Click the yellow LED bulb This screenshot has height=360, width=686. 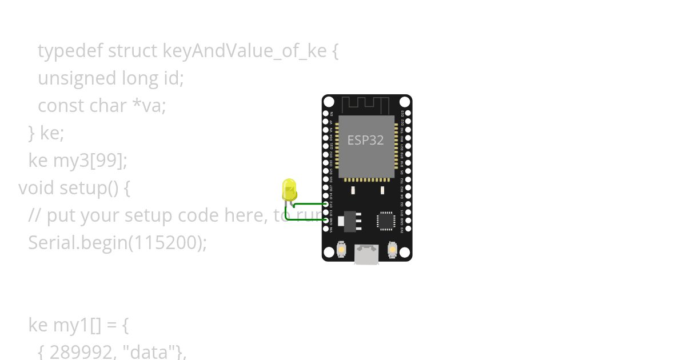tap(289, 189)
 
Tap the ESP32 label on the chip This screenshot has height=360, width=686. tap(366, 140)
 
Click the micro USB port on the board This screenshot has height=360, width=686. tap(366, 254)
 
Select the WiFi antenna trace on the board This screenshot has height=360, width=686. tap(366, 105)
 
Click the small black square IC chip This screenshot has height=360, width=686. tap(386, 221)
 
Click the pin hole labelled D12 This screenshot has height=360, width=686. tap(326, 204)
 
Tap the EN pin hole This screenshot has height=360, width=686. tap(326, 113)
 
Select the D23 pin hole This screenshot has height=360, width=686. tap(408, 113)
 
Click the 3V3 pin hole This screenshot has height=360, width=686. tap(408, 229)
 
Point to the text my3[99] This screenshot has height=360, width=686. tap(90, 161)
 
